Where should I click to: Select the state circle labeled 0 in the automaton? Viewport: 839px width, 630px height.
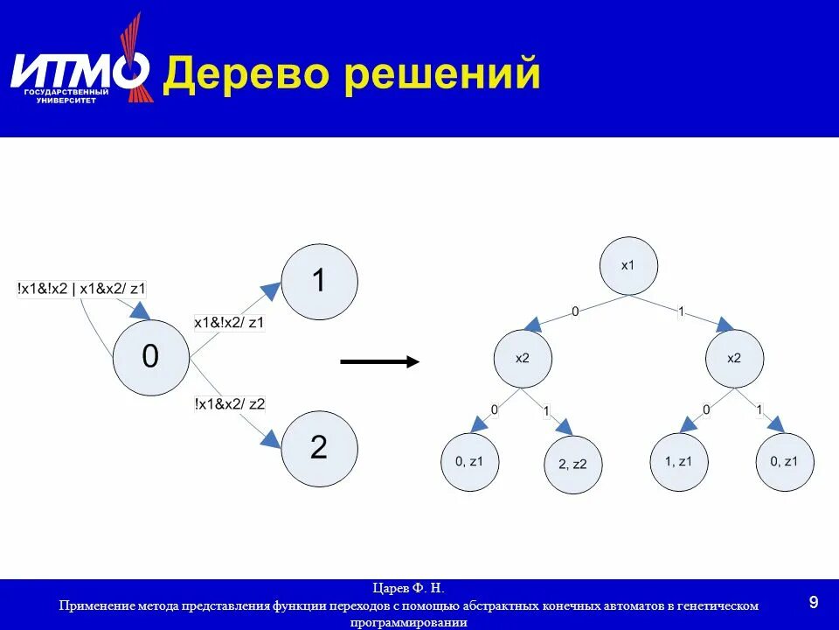click(x=151, y=357)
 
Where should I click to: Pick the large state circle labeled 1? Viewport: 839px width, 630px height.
click(x=320, y=282)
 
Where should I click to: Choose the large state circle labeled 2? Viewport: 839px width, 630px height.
click(x=320, y=449)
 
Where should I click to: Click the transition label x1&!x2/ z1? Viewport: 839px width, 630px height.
click(x=229, y=323)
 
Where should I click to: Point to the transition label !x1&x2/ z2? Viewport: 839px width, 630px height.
click(x=230, y=403)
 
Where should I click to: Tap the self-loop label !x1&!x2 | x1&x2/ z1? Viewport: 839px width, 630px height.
click(x=82, y=287)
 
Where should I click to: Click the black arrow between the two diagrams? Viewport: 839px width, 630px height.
click(x=379, y=360)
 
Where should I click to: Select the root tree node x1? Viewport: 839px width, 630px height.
click(x=628, y=265)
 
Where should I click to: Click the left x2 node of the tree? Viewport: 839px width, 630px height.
click(x=522, y=358)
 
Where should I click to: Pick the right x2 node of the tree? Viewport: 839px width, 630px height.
click(x=734, y=358)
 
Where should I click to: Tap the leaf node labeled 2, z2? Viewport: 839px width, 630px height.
click(x=573, y=465)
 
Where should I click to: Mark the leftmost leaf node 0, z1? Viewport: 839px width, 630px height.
click(x=469, y=460)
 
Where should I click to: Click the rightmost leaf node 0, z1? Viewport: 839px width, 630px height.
click(x=785, y=460)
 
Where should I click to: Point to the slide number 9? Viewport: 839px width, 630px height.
click(x=814, y=602)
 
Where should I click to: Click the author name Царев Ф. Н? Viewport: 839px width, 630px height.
click(x=409, y=588)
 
